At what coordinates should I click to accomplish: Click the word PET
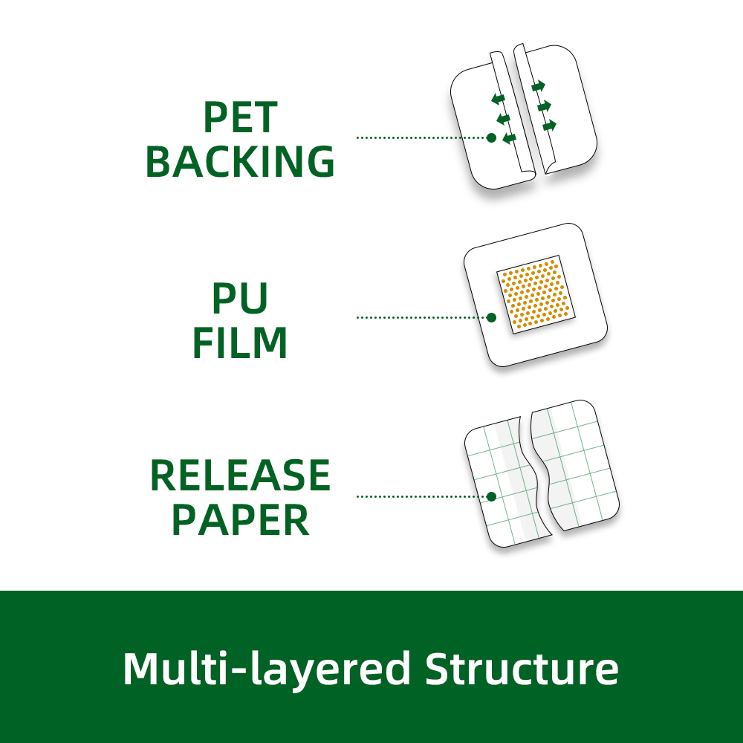pos(240,117)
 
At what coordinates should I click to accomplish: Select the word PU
pos(240,299)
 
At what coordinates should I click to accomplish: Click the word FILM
pos(240,343)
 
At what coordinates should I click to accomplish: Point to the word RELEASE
pos(240,476)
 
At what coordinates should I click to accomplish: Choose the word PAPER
pos(240,520)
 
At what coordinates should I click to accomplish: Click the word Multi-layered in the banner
pos(266,669)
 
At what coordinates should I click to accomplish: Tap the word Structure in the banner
pos(522,669)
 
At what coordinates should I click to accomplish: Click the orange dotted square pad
pos(535,295)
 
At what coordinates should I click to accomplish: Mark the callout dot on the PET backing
pos(491,137)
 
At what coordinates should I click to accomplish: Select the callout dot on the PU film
pos(491,317)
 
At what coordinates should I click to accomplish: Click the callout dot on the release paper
pos(491,496)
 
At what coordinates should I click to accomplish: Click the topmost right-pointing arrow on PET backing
pos(539,85)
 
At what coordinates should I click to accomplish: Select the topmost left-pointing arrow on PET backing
pos(498,98)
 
